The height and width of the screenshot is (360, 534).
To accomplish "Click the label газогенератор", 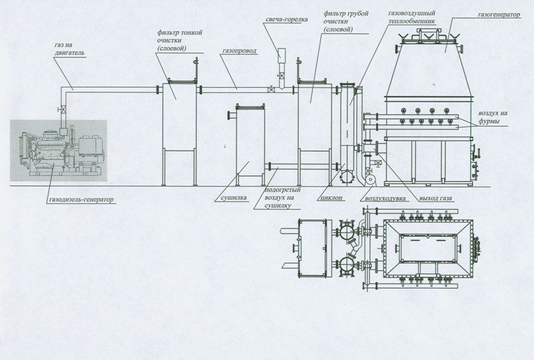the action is (x=499, y=15).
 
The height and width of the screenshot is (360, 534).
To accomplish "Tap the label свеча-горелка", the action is (x=286, y=19).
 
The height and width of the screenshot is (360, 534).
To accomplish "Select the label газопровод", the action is (x=239, y=51).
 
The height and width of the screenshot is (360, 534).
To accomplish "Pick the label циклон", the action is (x=331, y=198).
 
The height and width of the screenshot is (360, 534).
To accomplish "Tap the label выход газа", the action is (x=436, y=198).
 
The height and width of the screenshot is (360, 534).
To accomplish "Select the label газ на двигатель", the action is (x=69, y=49).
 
